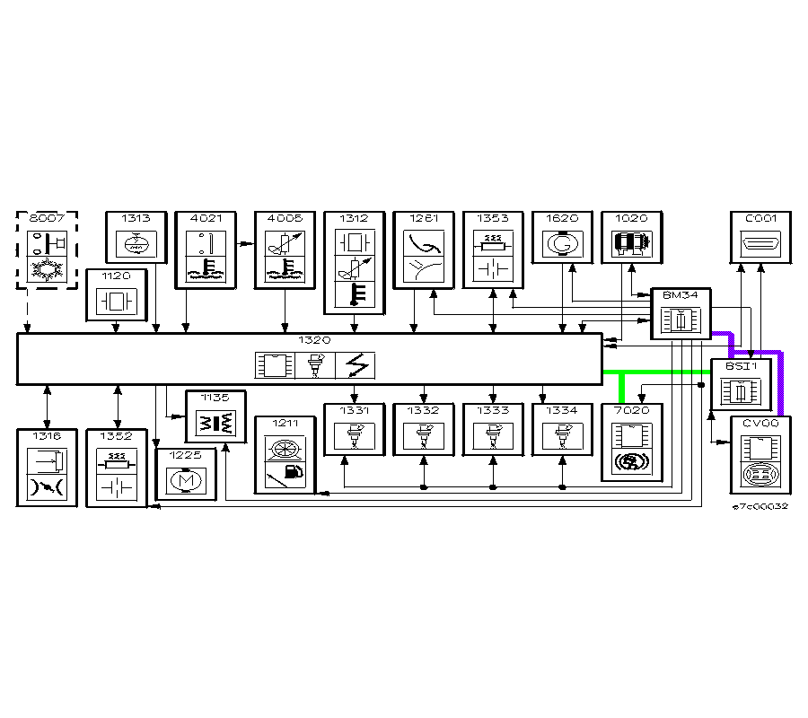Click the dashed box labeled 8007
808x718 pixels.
point(47,250)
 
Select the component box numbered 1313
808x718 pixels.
point(136,238)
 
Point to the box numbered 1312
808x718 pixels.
point(355,260)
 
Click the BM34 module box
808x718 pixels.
point(681,314)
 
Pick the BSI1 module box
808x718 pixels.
point(741,384)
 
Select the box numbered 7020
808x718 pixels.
point(632,442)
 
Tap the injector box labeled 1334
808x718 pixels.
point(562,430)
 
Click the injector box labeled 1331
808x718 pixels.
point(354,430)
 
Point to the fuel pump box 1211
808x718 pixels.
point(285,454)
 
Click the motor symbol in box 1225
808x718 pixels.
point(187,480)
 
